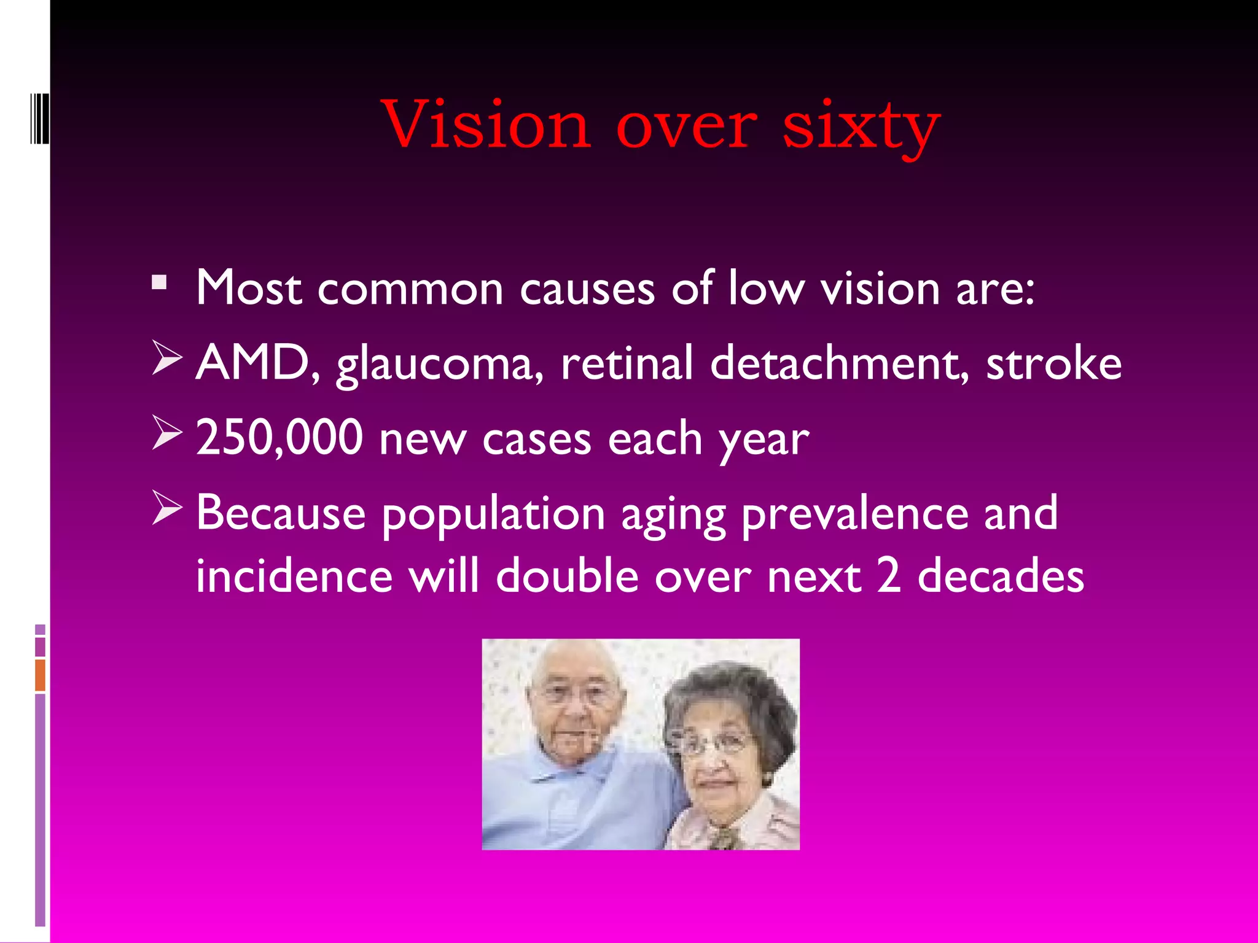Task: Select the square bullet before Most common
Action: (159, 283)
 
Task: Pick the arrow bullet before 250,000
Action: (166, 433)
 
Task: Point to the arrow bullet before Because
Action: (166, 508)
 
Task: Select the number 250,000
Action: (279, 438)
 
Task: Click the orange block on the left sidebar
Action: (40, 675)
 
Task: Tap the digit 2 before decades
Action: (889, 576)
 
